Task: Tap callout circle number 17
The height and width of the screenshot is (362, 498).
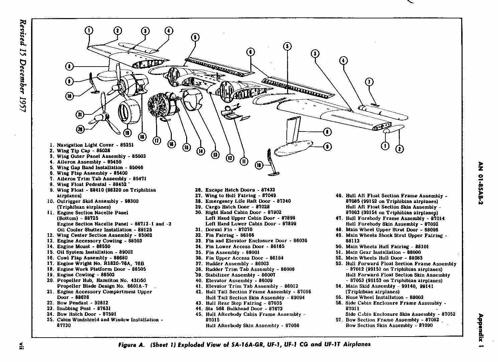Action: click(157, 141)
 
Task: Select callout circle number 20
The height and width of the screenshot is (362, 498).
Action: click(80, 129)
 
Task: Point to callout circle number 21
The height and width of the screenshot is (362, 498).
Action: click(80, 115)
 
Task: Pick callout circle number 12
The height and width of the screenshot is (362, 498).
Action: click(230, 158)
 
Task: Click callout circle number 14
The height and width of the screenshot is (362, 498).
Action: click(201, 151)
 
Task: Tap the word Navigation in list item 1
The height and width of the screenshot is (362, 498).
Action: click(70, 145)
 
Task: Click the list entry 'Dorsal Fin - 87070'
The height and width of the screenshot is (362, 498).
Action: click(229, 230)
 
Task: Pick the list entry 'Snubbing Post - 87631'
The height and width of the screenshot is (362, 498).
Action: click(84, 308)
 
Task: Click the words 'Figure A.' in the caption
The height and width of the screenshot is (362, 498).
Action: click(132, 345)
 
